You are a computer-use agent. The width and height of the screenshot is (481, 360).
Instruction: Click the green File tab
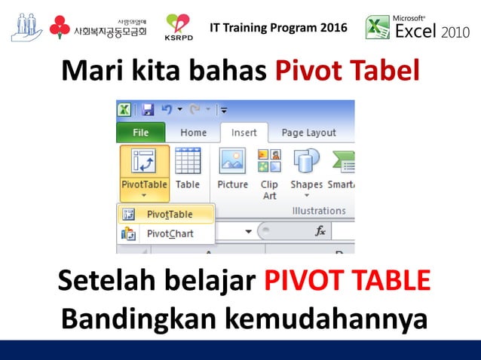[141, 133]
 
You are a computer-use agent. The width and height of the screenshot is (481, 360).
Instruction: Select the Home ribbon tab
[193, 133]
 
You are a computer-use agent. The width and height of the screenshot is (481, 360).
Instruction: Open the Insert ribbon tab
[244, 133]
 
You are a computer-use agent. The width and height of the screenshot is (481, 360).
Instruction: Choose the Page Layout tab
[308, 133]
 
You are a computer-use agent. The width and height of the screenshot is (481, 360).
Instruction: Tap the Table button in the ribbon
[188, 170]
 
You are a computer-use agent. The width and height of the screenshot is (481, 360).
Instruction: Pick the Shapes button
[306, 170]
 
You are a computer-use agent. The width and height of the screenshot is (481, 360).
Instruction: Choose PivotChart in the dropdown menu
[169, 233]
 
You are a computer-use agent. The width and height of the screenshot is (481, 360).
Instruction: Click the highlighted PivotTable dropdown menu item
[169, 215]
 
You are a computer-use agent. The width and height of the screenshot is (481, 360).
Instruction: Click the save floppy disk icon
[148, 110]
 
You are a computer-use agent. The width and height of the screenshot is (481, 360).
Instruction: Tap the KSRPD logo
[179, 27]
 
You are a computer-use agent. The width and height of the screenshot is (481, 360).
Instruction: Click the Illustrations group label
[319, 211]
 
